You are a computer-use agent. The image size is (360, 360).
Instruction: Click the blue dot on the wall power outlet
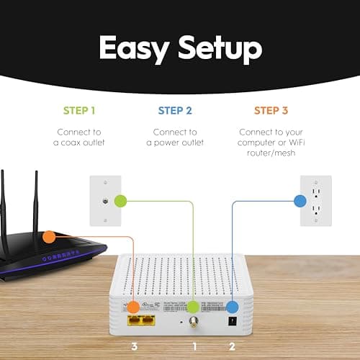coord(299,201)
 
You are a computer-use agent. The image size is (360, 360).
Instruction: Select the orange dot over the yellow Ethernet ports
coord(134,307)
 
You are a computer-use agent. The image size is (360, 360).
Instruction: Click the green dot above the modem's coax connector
coord(194,307)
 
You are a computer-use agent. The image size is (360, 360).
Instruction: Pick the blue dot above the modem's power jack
coord(233,307)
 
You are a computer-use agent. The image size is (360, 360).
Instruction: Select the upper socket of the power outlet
coord(315,194)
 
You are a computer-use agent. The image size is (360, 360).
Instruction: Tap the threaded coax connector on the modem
coord(194,325)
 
